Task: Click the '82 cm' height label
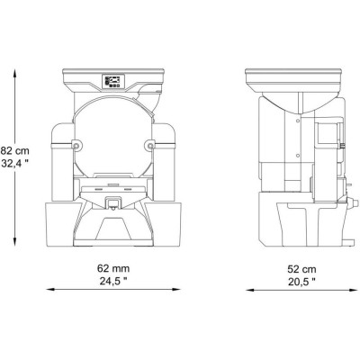click(x=15, y=150)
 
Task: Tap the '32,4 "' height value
click(x=15, y=164)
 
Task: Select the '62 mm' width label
click(x=113, y=268)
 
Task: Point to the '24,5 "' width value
click(x=113, y=281)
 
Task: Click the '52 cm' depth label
click(x=301, y=269)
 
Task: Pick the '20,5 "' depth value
click(x=301, y=283)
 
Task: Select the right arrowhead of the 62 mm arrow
click(x=177, y=290)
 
